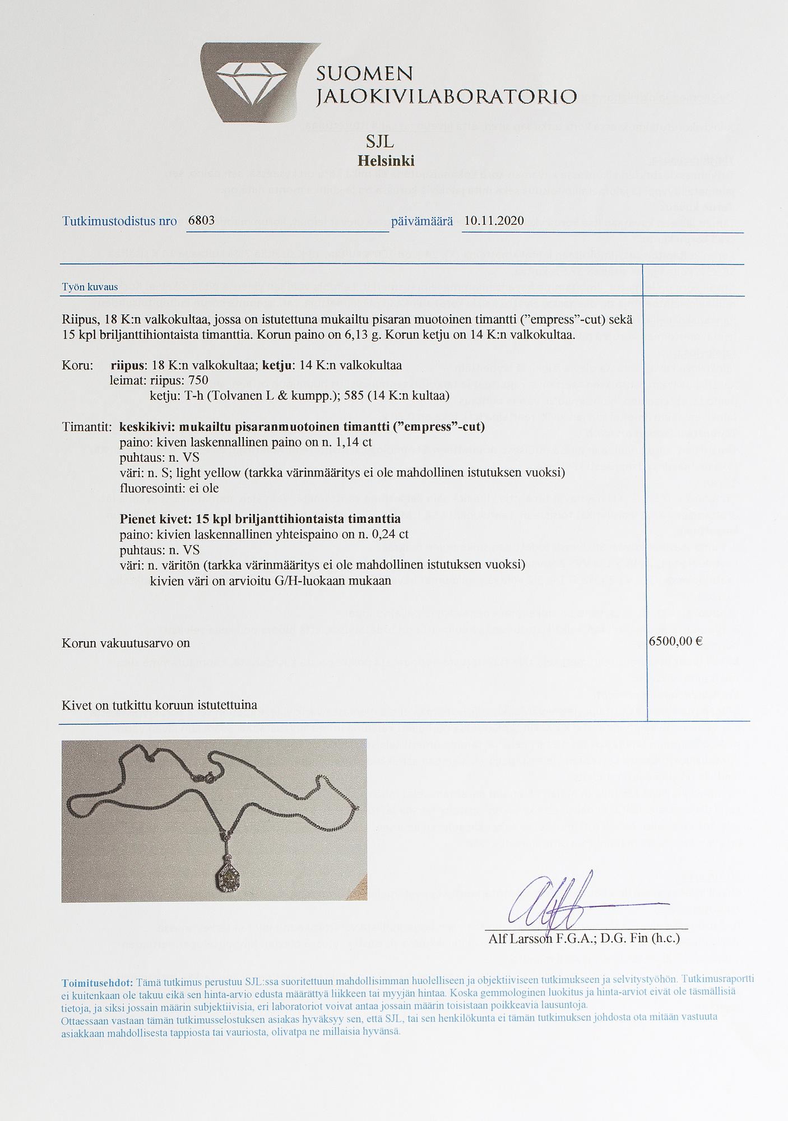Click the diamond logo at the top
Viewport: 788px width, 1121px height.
(x=248, y=82)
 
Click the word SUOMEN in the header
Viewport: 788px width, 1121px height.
(x=364, y=73)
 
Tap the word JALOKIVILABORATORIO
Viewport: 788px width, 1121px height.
(x=446, y=97)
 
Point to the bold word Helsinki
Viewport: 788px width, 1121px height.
(x=386, y=161)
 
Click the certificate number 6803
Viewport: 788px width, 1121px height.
(x=201, y=220)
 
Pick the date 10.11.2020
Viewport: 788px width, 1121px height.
(x=494, y=220)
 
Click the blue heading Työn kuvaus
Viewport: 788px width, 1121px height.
(x=90, y=288)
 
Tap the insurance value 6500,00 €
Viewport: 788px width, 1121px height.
(x=675, y=642)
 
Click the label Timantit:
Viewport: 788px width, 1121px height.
(x=87, y=427)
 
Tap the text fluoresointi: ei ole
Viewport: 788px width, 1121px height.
(x=169, y=488)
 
